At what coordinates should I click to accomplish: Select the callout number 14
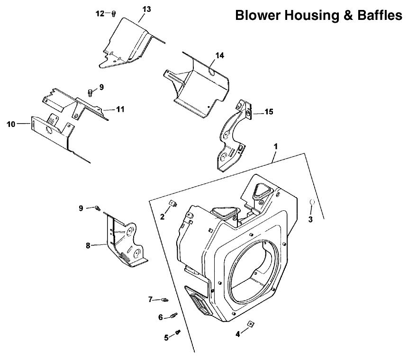point(219,55)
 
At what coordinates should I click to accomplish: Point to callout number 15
point(269,112)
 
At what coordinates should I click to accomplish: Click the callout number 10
point(11,125)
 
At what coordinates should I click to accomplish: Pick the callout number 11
point(120,109)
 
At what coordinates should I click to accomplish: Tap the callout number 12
point(100,14)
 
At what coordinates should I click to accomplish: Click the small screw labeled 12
point(113,14)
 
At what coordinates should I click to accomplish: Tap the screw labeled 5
point(178,333)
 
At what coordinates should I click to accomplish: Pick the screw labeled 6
point(173,315)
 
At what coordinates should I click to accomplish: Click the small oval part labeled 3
point(312,202)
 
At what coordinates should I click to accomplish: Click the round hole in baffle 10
point(48,131)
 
